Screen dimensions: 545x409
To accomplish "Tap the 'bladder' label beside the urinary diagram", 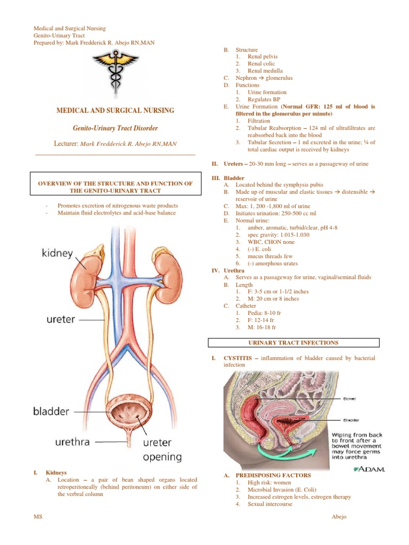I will click(51, 411).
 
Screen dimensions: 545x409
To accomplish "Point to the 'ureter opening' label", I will click(162, 450).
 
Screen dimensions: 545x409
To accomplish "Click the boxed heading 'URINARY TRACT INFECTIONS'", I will click(293, 343).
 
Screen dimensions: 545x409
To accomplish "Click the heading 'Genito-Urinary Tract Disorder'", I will click(116, 128).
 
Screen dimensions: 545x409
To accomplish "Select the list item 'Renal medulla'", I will click(265, 71).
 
